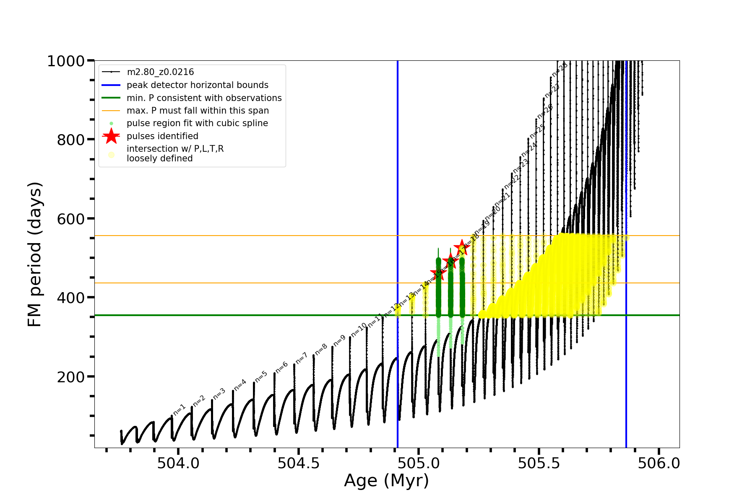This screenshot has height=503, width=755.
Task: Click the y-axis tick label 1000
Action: pos(66,62)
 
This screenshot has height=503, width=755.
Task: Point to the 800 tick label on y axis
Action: pos(71,140)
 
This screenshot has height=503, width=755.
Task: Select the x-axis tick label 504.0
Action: pos(178,463)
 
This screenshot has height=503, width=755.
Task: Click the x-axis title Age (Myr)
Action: pos(386,481)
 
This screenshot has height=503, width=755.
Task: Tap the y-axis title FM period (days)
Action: pos(35,254)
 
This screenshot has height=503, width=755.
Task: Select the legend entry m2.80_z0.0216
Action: pos(160,72)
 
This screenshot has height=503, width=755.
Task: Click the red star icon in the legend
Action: pos(111,136)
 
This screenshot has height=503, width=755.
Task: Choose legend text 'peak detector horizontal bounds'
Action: pos(198,85)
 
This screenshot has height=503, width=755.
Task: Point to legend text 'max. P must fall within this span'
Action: pos(198,111)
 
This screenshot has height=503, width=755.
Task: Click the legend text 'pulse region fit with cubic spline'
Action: pos(197,123)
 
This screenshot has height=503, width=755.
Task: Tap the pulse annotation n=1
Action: pos(179,410)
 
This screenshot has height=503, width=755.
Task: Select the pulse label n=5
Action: pos(261,376)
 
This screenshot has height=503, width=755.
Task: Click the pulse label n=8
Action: pos(321,349)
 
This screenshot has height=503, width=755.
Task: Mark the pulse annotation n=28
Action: pos(560,70)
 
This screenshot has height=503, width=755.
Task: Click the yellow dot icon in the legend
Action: pos(111,155)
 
